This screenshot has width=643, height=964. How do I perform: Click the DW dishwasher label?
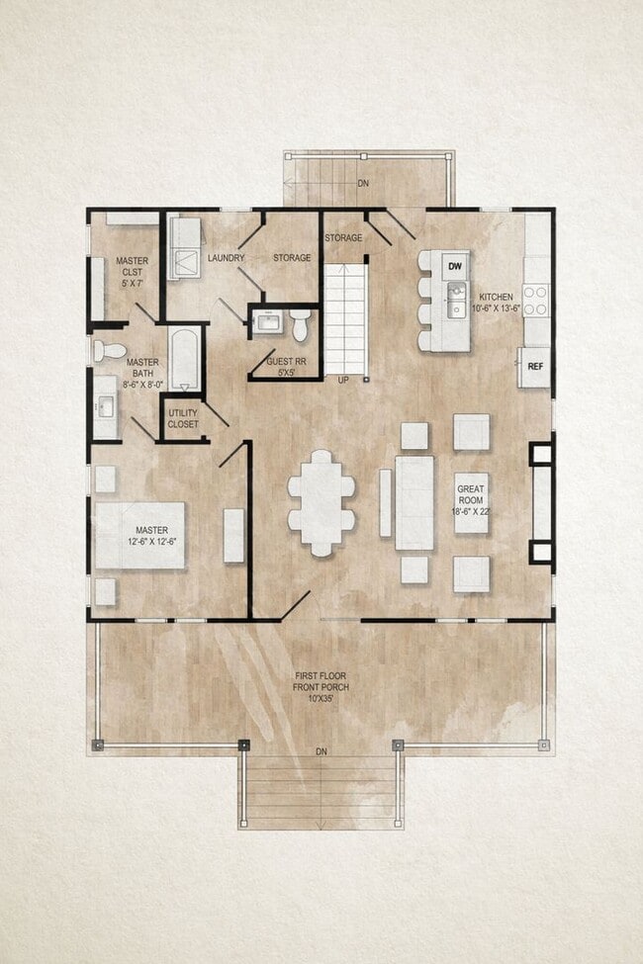455,267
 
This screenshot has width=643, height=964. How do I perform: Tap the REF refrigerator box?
535,367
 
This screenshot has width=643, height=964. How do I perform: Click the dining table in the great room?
321,502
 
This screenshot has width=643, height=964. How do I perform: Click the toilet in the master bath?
110,350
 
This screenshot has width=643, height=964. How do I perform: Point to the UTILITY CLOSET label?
182,418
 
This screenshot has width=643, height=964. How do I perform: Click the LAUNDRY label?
226,258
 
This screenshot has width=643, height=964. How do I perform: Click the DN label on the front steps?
321,752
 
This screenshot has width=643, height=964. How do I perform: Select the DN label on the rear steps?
363,184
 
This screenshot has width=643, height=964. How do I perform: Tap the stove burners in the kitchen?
534,300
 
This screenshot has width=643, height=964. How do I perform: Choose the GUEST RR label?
283,367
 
